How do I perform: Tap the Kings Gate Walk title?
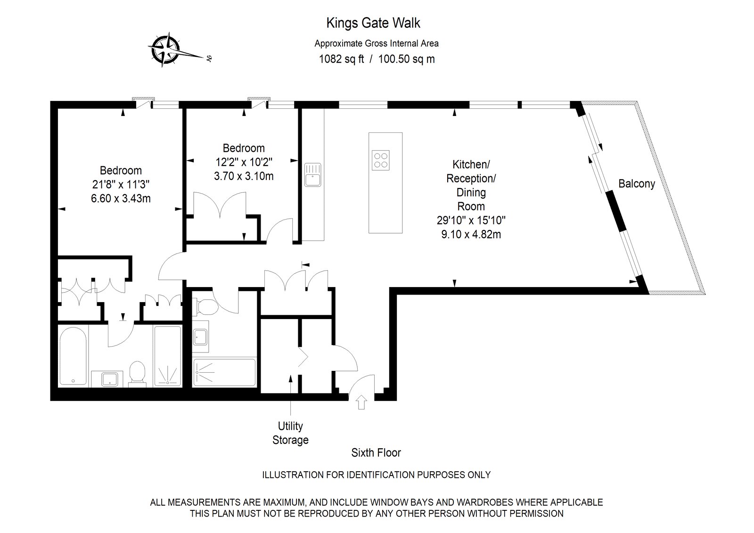coord(373,23)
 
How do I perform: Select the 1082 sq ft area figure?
coord(341,59)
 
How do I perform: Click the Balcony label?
coord(637,183)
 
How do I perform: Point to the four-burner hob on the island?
coord(381,160)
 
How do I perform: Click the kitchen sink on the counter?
coord(313,175)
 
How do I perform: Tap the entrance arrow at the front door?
coord(361,402)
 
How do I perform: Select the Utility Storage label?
coord(290,433)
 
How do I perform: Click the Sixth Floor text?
coord(376,452)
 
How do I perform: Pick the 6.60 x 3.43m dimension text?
coord(121,198)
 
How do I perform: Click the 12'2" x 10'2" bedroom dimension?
coord(244,162)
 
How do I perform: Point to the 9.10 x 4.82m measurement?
coord(471,234)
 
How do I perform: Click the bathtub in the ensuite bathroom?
coord(73,356)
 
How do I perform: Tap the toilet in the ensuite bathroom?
coord(137,373)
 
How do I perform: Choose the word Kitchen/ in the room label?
coord(471,164)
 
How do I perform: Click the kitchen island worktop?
coord(385,183)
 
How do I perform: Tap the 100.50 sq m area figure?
coord(406,59)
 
